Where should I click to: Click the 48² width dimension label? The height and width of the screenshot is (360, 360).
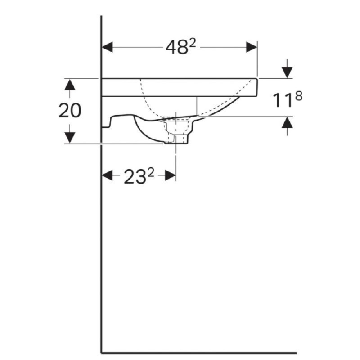(x=181, y=47)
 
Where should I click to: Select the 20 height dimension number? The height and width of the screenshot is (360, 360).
(x=70, y=111)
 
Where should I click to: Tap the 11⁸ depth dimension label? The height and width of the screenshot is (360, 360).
(x=288, y=99)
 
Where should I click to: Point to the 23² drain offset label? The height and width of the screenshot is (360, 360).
(x=139, y=176)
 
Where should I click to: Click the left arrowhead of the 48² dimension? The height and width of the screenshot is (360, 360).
(x=107, y=47)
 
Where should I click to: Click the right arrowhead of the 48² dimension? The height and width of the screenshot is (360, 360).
(x=252, y=47)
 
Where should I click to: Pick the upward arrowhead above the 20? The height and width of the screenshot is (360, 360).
(x=70, y=84)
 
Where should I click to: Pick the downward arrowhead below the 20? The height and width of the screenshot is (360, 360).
(x=70, y=138)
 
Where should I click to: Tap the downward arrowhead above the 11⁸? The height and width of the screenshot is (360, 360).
(x=287, y=72)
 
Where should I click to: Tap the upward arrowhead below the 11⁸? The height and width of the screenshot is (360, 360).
(x=287, y=122)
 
